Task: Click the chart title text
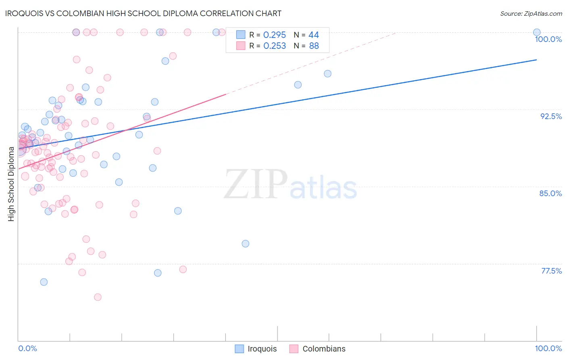pos(143,13)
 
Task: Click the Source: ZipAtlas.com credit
pos(531,13)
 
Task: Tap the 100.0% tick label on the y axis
pos(548,39)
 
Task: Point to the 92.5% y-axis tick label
pos(551,116)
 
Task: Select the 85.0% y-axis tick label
pos(550,193)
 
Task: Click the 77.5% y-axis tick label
pos(551,271)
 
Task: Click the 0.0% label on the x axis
pos(27,348)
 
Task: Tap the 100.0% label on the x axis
pos(548,348)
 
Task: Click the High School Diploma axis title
pos(11,184)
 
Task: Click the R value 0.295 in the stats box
pos(274,35)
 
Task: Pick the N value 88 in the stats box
pos(314,46)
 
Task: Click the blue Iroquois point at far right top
pos(537,32)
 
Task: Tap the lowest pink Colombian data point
pos(98,297)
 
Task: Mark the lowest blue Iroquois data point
pos(44,282)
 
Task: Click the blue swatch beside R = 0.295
pos(241,35)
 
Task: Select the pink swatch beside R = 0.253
pos(241,46)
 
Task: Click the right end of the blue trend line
pos(536,60)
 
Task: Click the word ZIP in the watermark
pos(256,184)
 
